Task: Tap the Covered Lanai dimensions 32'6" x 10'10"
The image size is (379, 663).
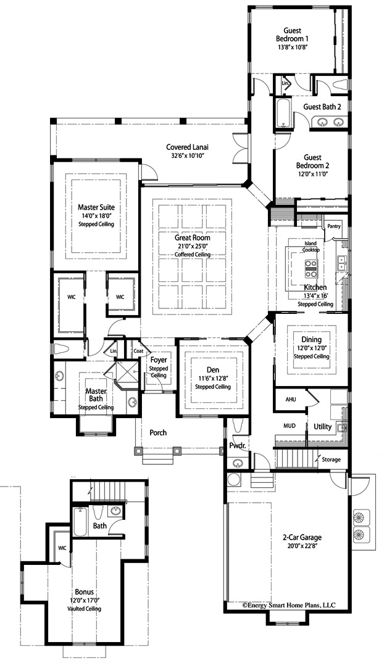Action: pos(188,155)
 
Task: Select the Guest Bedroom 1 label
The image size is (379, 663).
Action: pos(289,34)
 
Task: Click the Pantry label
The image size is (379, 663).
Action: pos(334,226)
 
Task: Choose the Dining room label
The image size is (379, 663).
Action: pos(311,340)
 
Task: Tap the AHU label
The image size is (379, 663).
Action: pos(291,399)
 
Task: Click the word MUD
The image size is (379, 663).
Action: pos(289,426)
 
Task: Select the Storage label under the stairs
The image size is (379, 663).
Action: pos(331,459)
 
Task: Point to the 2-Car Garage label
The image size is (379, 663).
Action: pos(302,538)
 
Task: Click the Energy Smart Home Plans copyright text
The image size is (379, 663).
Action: pos(289,605)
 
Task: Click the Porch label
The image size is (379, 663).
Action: pos(158,432)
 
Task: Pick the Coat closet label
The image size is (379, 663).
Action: pos(138,350)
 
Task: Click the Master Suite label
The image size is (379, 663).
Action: pos(96,208)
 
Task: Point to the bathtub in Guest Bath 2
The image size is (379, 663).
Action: pos(283,112)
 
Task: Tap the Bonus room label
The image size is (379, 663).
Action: pos(84,592)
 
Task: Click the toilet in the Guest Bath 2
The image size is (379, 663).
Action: pos(340,84)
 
